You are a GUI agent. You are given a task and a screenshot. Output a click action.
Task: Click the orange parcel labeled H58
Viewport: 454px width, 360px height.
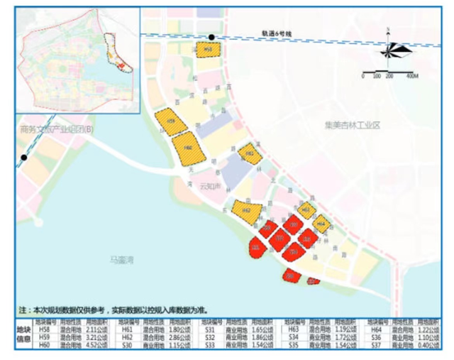tap(209, 49)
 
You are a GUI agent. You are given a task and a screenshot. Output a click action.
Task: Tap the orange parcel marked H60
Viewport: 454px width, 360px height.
tap(189, 148)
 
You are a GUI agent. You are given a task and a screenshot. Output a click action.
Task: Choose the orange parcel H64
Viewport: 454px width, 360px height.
tap(321, 223)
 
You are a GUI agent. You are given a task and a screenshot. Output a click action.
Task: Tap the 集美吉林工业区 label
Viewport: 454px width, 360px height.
tap(353, 125)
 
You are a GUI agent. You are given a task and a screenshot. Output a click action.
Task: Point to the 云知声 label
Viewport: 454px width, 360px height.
tap(211, 187)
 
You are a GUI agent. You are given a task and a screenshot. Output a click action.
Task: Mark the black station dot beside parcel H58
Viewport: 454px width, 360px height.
tap(211, 38)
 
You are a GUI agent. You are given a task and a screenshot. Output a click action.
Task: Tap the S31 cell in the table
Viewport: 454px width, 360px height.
tap(210, 329)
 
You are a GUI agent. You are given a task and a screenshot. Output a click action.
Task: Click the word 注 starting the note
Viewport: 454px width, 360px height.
tap(23, 311)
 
